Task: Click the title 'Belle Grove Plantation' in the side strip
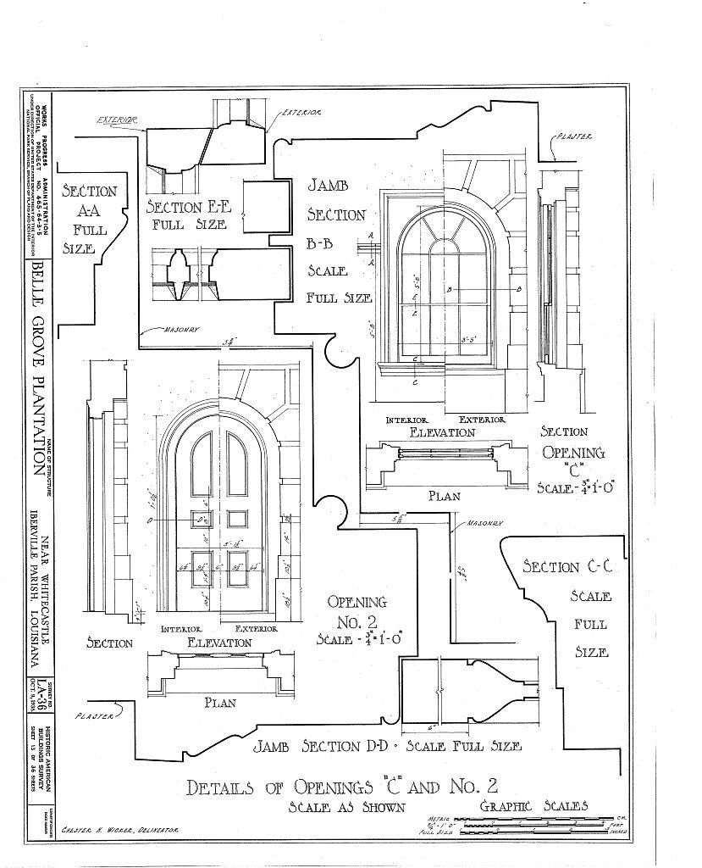point(39,365)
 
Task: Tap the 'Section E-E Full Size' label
point(185,215)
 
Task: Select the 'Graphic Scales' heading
point(533,805)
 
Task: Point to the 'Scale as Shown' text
point(345,807)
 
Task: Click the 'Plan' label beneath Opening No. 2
point(219,702)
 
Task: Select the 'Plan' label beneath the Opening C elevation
point(444,496)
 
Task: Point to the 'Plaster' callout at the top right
point(576,136)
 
